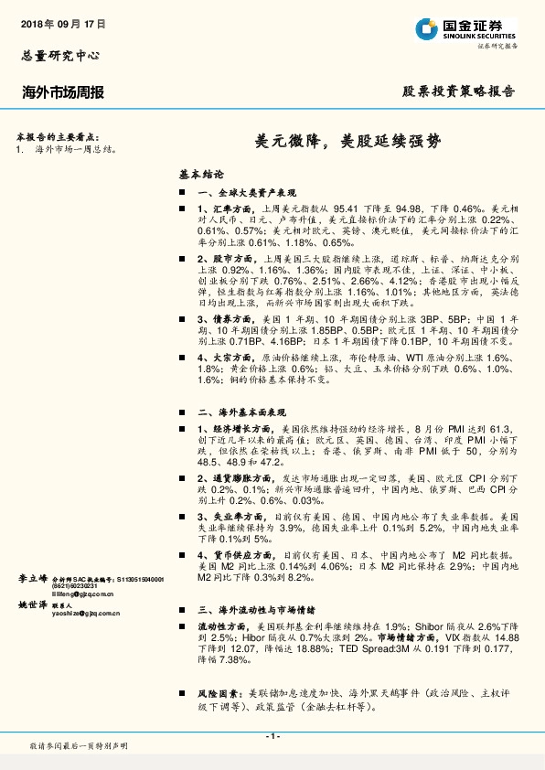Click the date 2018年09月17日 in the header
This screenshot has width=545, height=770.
coord(62,22)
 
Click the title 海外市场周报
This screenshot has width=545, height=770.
coord(62,92)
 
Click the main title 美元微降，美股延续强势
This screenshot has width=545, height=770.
coord(347,143)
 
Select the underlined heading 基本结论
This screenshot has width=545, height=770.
coord(201,173)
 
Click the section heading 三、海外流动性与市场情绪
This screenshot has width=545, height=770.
coord(257,609)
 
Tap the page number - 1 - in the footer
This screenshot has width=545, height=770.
coord(272,736)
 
